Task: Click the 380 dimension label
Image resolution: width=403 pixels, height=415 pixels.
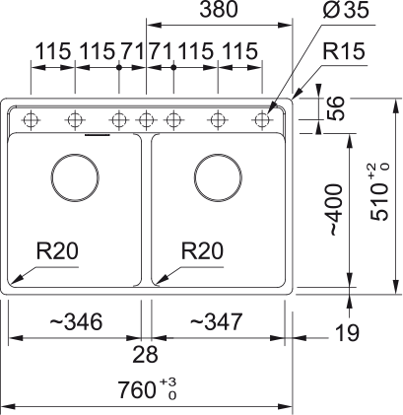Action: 219,10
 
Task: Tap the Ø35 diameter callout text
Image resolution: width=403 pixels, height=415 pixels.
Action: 346,11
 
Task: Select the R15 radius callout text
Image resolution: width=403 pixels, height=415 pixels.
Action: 344,51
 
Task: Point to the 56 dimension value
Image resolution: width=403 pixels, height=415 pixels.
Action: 335,107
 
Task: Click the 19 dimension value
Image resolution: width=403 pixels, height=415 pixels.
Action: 347,333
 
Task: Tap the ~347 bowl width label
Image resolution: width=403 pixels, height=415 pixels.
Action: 216,321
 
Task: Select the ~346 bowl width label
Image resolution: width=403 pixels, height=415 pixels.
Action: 76,321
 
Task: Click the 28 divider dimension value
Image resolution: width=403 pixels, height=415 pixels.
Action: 145,355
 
